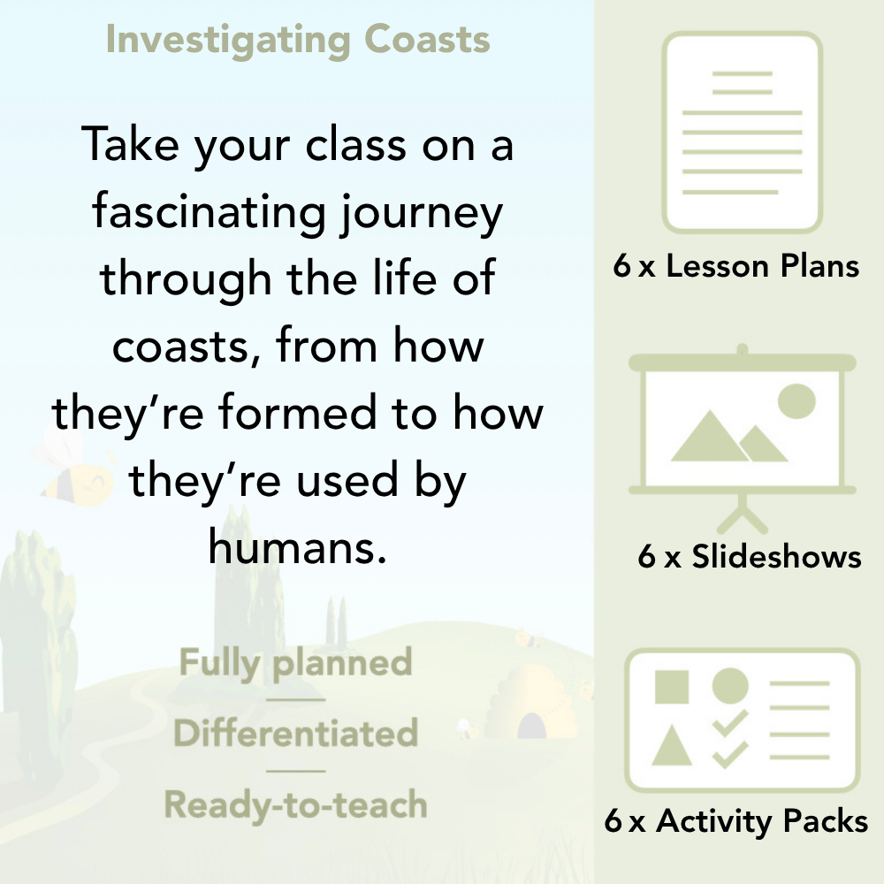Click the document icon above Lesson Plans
[743, 133]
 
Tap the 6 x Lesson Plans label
[736, 266]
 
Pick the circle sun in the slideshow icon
[796, 400]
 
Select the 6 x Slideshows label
[750, 557]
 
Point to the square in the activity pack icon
[672, 686]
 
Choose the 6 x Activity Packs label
[736, 822]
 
